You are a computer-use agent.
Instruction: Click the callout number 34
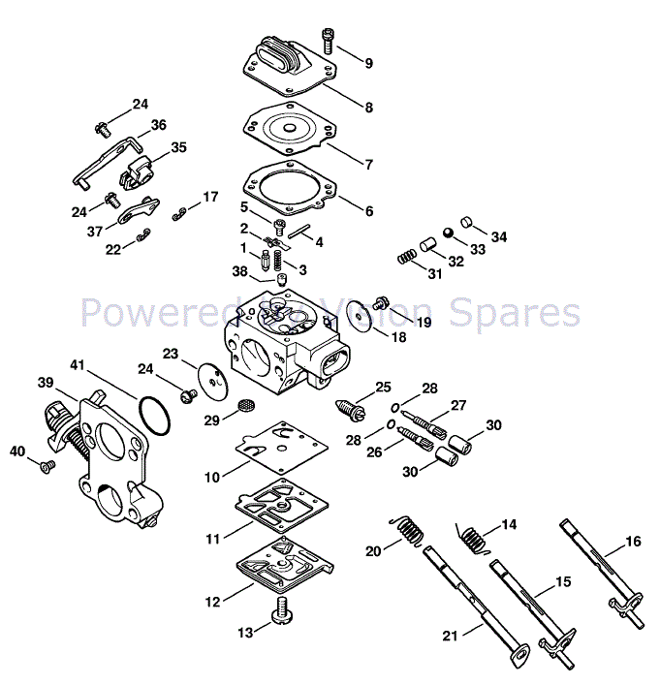(498, 236)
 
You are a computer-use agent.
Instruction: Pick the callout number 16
(633, 541)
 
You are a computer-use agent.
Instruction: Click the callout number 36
(159, 124)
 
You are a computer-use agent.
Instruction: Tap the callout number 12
(212, 601)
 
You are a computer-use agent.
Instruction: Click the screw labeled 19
(383, 304)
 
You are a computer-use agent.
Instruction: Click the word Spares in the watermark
(524, 313)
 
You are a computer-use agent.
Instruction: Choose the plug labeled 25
(350, 410)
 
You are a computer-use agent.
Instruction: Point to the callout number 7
(368, 164)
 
